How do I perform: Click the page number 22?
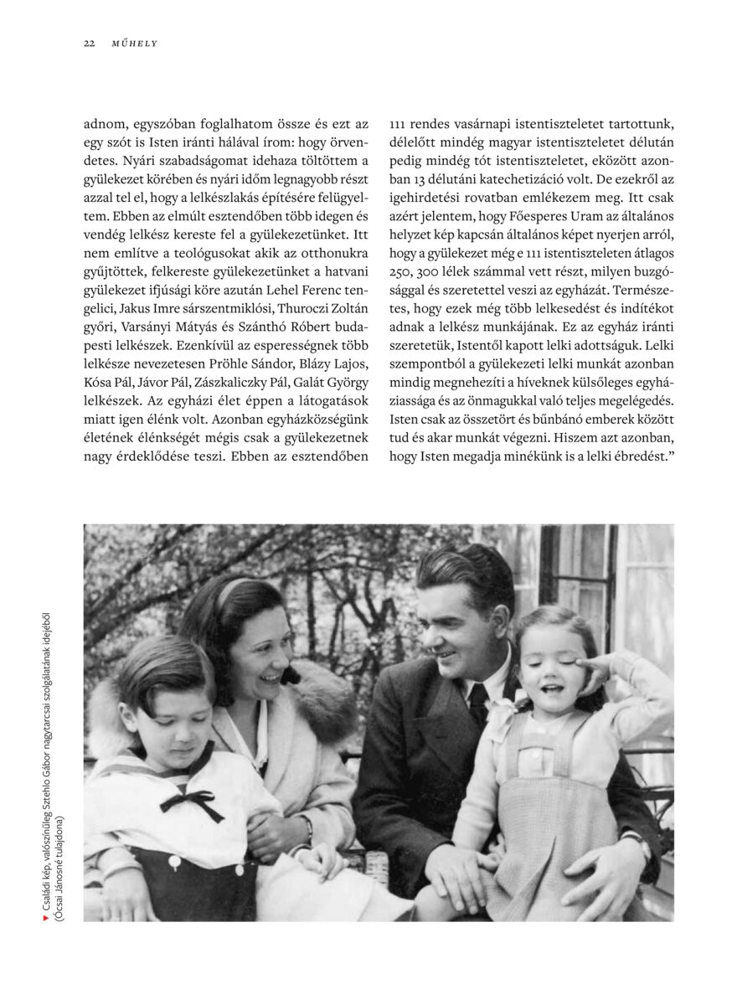point(88,44)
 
